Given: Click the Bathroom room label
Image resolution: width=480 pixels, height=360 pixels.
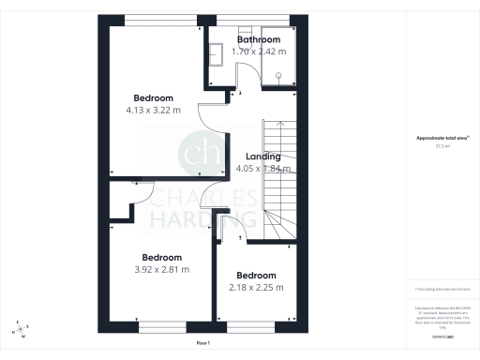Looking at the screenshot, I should click(258, 40).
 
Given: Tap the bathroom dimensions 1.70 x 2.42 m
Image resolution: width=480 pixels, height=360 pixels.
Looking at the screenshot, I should click(258, 52).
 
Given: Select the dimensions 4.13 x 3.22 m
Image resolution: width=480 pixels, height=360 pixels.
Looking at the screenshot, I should click(153, 110).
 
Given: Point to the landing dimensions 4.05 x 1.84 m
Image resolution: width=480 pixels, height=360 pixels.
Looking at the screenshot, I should click(262, 169).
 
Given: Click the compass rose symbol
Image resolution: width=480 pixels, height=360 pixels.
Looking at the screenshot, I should click(21, 329).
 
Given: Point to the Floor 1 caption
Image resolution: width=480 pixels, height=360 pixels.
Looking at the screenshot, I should click(204, 344).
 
